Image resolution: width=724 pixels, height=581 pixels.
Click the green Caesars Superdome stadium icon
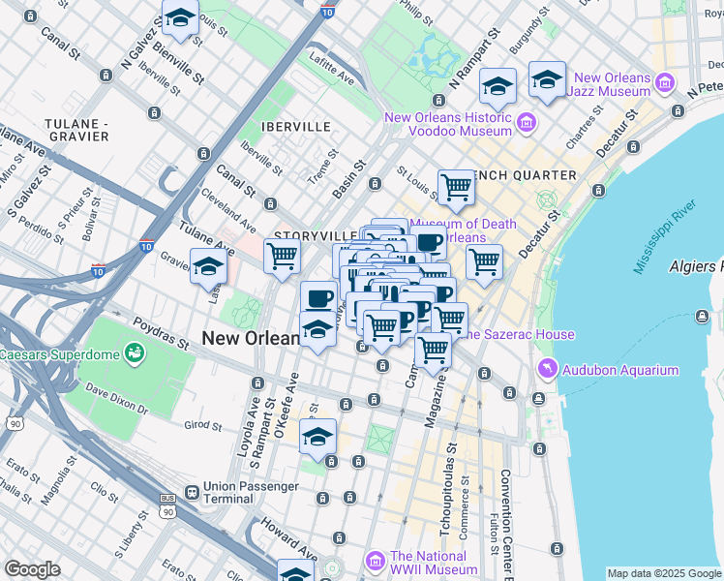132,353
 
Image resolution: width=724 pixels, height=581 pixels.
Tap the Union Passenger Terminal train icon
192,492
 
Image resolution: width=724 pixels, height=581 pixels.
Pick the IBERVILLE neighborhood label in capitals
295,127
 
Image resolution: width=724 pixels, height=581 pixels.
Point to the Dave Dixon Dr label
115,399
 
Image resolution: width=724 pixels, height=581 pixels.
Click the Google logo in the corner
32,569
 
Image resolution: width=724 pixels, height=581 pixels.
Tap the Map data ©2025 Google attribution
664,573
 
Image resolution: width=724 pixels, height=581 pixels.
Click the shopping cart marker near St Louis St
456,186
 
